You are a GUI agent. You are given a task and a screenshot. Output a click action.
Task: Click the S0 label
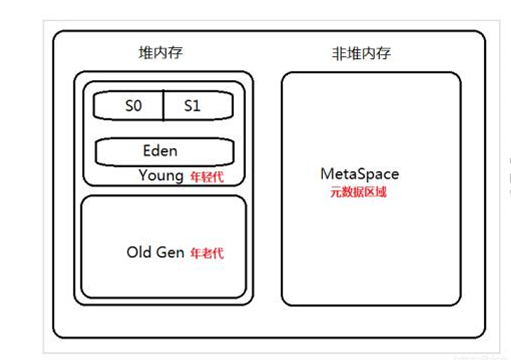[x=133, y=106]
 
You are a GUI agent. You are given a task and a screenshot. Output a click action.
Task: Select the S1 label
[x=192, y=106]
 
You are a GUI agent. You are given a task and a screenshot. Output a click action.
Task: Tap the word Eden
[x=160, y=151]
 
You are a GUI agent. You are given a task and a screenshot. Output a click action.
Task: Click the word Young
[x=161, y=175]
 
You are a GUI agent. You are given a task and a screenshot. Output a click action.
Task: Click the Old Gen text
[x=155, y=252]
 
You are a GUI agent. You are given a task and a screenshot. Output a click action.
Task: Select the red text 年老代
[x=206, y=253]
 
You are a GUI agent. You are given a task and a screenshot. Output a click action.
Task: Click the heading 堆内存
[x=160, y=53]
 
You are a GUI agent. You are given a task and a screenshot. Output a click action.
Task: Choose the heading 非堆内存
[x=361, y=53]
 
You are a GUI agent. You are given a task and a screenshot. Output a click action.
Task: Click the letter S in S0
[x=129, y=106]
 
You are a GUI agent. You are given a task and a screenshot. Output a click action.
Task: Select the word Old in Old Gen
[x=138, y=252]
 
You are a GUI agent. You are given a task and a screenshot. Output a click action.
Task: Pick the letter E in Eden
[x=147, y=151]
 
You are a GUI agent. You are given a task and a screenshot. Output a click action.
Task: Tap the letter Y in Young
[x=143, y=175]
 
